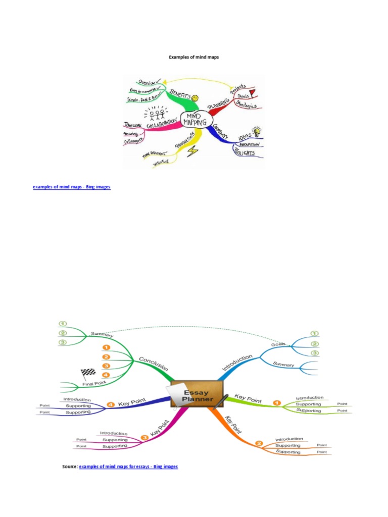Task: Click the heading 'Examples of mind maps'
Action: tap(194, 58)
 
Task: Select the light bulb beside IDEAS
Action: tap(257, 132)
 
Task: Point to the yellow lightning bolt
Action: tap(193, 151)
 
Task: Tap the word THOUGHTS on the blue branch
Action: tap(247, 152)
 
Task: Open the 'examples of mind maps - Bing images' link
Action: tap(71, 187)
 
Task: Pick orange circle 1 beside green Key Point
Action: tap(276, 402)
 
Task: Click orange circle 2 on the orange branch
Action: tap(259, 444)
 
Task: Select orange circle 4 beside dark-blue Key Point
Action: tap(110, 404)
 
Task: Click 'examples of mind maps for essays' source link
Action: tap(128, 467)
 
